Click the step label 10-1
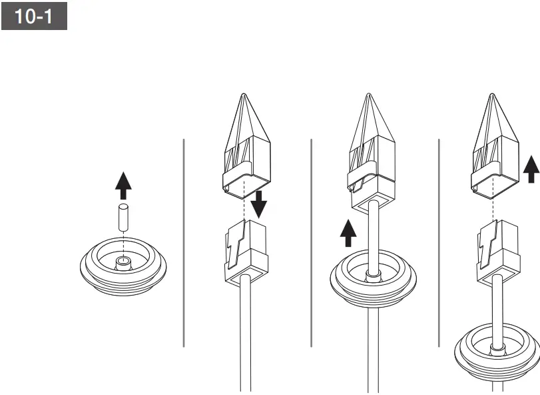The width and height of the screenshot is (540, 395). coord(34,17)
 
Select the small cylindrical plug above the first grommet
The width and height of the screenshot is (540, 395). coord(123,219)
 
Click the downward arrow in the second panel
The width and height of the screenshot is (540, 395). coord(259,204)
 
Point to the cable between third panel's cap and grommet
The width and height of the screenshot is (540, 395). coord(373,234)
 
